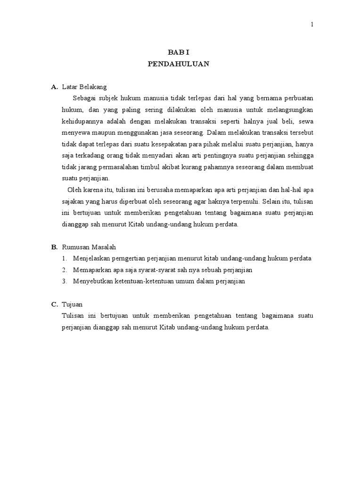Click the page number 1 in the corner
tap(312, 25)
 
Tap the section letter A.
tap(54, 87)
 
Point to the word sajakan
tap(73, 201)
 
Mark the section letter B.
tap(54, 247)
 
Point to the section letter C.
tap(54, 305)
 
